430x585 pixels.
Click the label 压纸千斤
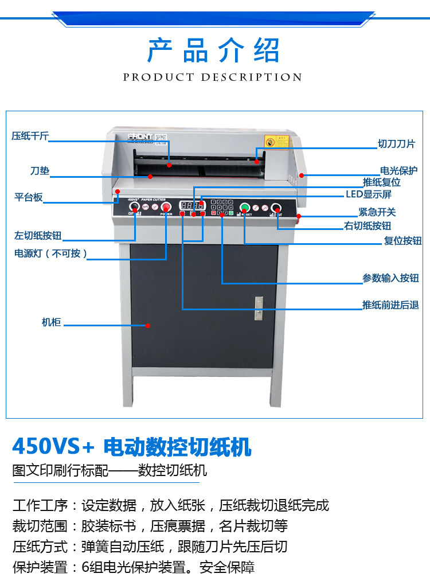tap(30, 136)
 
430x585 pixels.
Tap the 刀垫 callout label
tap(40, 171)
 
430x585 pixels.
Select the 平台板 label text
tap(29, 198)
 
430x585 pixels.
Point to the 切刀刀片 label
tap(396, 145)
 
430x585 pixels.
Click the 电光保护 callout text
tap(398, 170)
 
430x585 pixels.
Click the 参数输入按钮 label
tap(390, 278)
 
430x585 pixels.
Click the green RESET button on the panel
tap(245, 208)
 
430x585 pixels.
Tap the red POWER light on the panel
tap(166, 208)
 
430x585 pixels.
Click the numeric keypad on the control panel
tap(221, 206)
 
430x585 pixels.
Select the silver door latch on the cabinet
tap(259, 308)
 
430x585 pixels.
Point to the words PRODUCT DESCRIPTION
tap(213, 77)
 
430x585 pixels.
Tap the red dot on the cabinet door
tap(148, 326)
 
